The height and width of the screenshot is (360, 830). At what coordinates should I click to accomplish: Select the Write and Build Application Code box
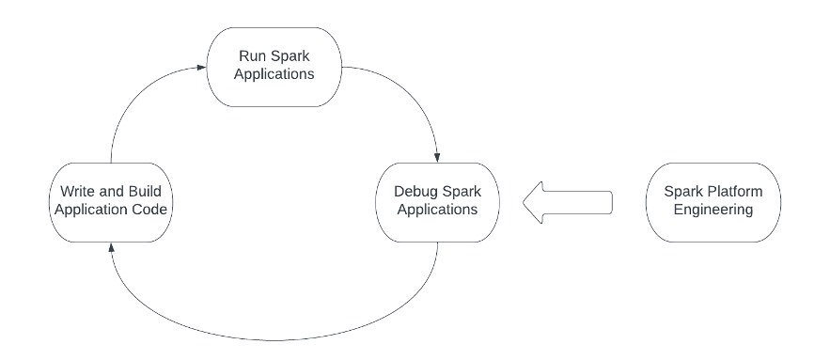[x=111, y=200]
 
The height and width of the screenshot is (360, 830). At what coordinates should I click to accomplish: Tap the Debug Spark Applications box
[x=436, y=200]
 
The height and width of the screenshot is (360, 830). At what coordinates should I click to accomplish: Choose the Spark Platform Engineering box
[x=713, y=200]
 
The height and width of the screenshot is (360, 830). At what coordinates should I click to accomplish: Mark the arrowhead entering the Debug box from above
[x=437, y=155]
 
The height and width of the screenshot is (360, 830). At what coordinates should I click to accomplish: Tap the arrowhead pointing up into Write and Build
[x=112, y=246]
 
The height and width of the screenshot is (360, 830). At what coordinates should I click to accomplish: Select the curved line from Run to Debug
[x=404, y=89]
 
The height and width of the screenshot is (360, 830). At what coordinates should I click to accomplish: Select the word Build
[x=155, y=192]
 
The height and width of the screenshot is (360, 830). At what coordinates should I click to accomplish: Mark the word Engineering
[x=713, y=210]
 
